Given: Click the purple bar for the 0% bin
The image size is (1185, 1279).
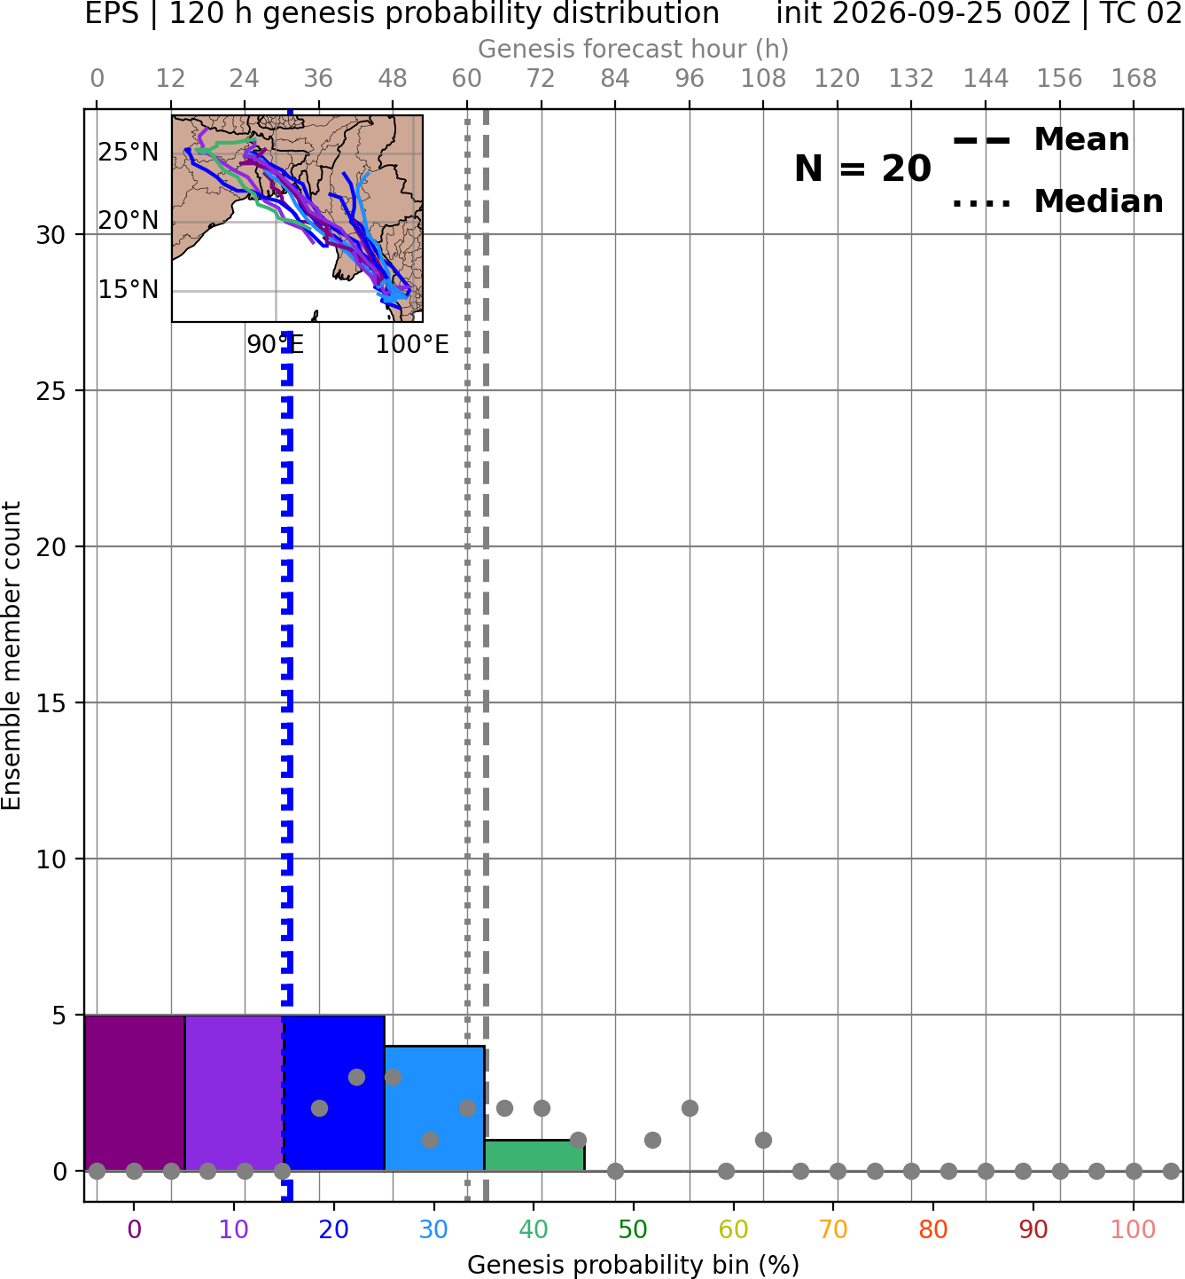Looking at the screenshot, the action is click(135, 1093).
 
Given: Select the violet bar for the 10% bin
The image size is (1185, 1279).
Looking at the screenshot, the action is click(234, 1093).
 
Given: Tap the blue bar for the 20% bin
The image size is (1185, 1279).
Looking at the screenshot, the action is click(334, 1093).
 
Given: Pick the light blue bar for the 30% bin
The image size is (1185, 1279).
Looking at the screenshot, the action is click(434, 1109).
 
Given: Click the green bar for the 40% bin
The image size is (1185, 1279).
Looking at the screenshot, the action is click(534, 1156).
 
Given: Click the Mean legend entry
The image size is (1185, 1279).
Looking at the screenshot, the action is click(1041, 140).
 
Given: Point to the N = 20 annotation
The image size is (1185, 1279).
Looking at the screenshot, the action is click(862, 169).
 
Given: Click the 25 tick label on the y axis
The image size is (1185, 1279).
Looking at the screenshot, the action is click(51, 391).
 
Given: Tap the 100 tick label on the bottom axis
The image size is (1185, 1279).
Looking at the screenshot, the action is click(1133, 1229).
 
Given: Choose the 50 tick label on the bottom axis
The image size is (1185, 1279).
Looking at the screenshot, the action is click(633, 1229).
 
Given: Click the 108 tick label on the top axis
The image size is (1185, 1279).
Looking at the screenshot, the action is click(763, 79).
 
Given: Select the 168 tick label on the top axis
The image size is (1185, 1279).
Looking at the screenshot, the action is click(1134, 79).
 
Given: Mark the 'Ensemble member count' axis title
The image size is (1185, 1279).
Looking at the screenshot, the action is click(11, 655).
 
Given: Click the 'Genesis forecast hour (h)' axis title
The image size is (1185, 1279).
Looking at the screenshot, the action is click(633, 49).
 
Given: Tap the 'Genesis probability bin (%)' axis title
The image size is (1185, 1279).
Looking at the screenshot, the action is click(633, 1265).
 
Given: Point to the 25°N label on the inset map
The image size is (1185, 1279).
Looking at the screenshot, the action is click(129, 153).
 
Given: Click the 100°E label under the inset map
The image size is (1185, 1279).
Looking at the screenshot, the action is click(412, 344).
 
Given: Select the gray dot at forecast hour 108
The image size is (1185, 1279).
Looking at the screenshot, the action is click(763, 1140).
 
